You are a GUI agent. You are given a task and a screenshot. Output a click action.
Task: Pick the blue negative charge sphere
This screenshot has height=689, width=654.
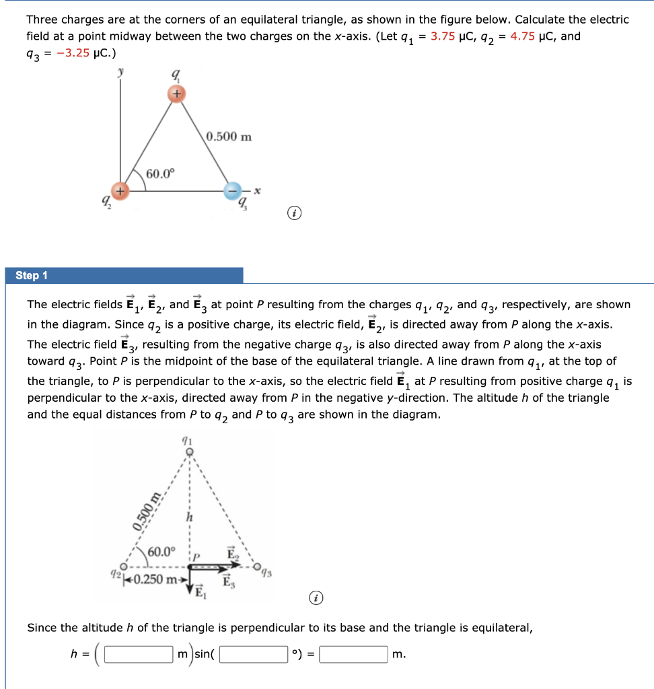tap(233, 191)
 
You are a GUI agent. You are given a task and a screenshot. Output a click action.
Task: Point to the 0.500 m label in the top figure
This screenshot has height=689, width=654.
tap(229, 137)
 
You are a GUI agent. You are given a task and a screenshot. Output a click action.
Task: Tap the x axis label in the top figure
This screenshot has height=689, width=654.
tap(257, 191)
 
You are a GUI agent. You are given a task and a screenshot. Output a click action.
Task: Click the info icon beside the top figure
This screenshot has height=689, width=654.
tap(293, 214)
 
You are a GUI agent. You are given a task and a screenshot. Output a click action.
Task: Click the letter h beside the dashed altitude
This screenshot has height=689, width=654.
tap(190, 517)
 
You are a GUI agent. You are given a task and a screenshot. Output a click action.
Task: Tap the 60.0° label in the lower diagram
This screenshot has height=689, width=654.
tap(162, 552)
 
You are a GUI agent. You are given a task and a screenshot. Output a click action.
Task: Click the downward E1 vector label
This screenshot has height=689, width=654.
tap(199, 593)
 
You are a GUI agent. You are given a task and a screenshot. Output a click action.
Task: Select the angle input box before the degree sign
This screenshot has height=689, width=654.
tap(254, 654)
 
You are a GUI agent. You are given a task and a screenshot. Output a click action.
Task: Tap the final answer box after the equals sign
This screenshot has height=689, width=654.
tap(353, 654)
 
